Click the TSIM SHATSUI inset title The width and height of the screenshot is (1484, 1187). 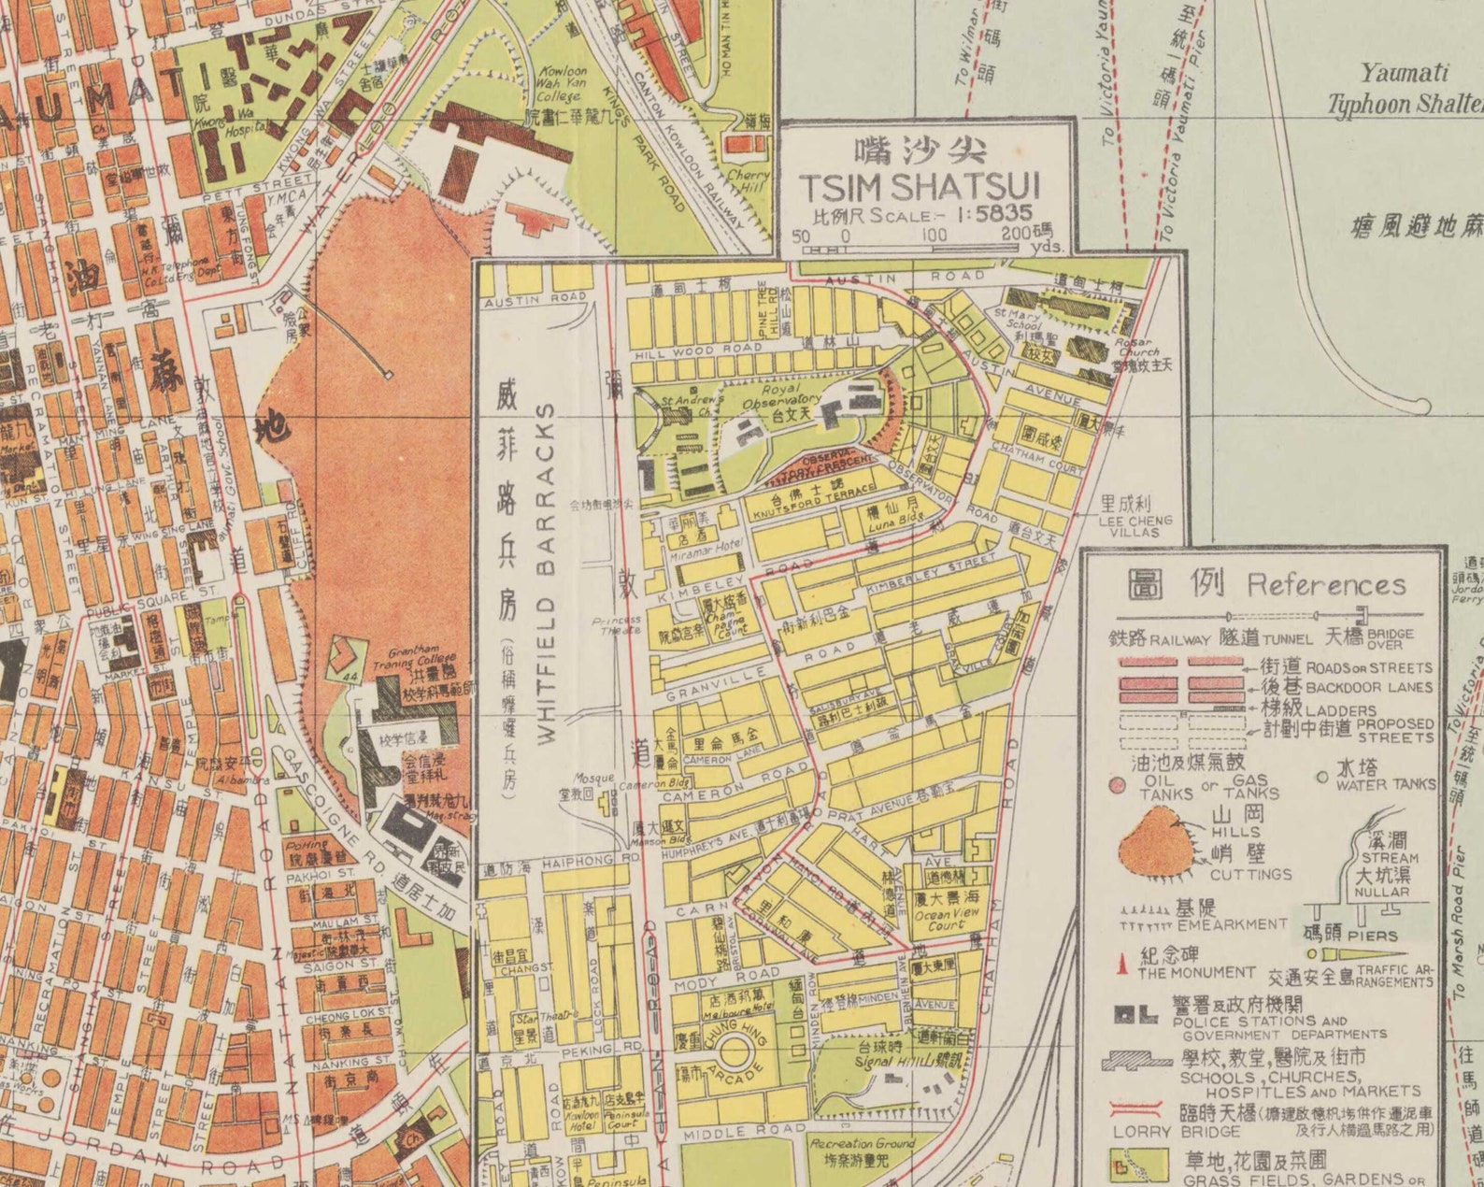pos(920,186)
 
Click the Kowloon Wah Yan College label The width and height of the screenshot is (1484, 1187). pos(561,84)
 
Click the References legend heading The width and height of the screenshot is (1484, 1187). pos(1325,586)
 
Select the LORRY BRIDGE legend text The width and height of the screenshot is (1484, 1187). pos(1142,1131)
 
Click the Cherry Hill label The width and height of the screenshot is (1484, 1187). pos(749,180)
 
